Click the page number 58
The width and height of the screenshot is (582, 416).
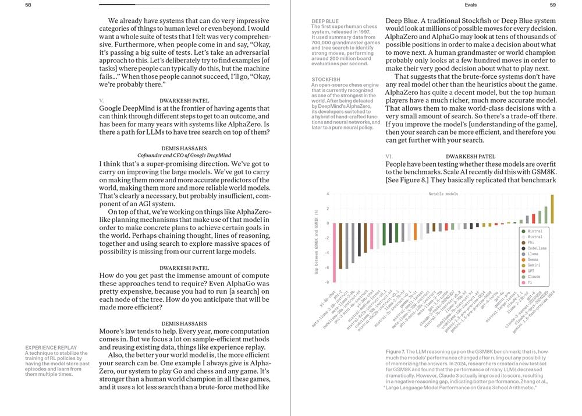pyautogui.click(x=28, y=4)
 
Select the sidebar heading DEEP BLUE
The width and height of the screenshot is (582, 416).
pyautogui.click(x=325, y=21)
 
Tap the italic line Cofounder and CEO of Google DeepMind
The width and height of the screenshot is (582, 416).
pyautogui.click(x=184, y=155)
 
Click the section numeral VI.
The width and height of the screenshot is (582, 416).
pyautogui.click(x=389, y=156)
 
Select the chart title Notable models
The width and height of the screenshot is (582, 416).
pyautogui.click(x=443, y=194)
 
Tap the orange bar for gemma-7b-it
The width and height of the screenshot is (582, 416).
pyautogui.click(x=415, y=232)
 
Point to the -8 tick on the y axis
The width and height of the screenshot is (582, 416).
pyautogui.click(x=328, y=282)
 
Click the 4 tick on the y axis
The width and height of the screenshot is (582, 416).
pyautogui.click(x=328, y=195)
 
